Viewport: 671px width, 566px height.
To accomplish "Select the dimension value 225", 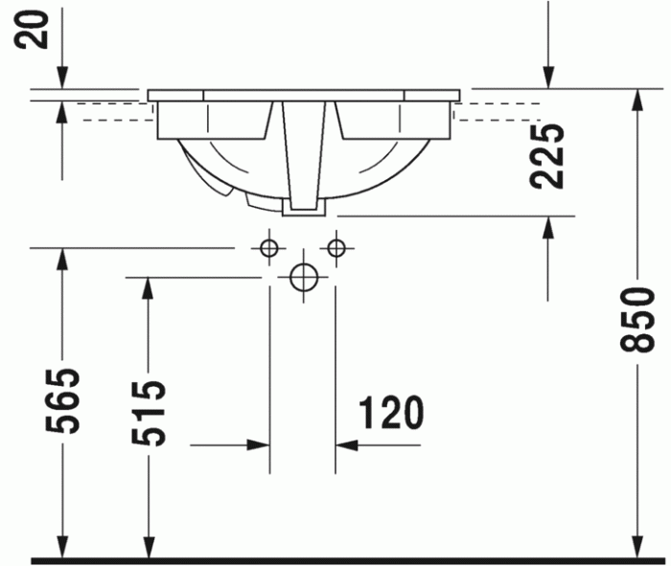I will (x=548, y=155).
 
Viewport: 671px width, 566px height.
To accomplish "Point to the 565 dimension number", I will (x=66, y=400).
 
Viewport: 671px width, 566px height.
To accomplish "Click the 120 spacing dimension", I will (x=390, y=414).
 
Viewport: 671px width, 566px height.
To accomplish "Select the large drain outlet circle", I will (x=304, y=277).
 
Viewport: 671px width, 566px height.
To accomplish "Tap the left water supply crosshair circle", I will (x=269, y=249).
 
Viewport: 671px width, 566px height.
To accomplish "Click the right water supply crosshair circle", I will (x=335, y=249).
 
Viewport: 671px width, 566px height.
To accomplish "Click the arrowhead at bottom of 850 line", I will (x=636, y=548).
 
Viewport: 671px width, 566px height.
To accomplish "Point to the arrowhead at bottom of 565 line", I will (x=62, y=548).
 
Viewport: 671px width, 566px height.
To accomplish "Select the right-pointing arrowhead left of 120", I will (x=259, y=444).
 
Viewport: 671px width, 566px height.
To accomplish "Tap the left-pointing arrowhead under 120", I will (x=346, y=444).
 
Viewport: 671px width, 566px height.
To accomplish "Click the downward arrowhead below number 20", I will (x=62, y=80).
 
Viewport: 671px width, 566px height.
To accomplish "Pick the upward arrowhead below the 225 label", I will (x=548, y=226).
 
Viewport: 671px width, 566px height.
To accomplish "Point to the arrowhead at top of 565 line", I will (x=62, y=259).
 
